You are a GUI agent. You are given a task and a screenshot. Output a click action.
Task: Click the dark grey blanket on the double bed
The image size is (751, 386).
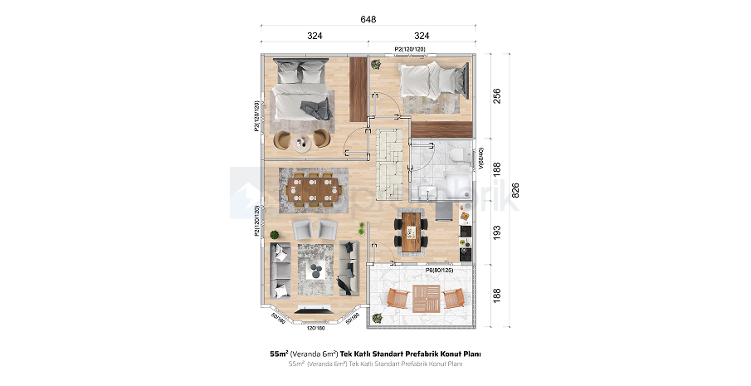(x=313, y=108)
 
